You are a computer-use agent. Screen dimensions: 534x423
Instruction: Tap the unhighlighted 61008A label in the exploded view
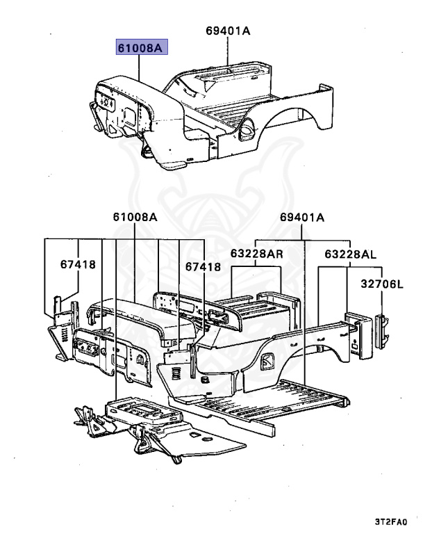(x=135, y=218)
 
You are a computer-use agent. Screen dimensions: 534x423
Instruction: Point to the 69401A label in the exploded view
(x=302, y=218)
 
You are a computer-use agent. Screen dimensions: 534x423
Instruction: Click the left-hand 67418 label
(x=77, y=265)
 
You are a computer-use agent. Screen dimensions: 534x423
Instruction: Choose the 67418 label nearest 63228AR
(x=203, y=266)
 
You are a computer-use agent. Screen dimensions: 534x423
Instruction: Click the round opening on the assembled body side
(x=245, y=127)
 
